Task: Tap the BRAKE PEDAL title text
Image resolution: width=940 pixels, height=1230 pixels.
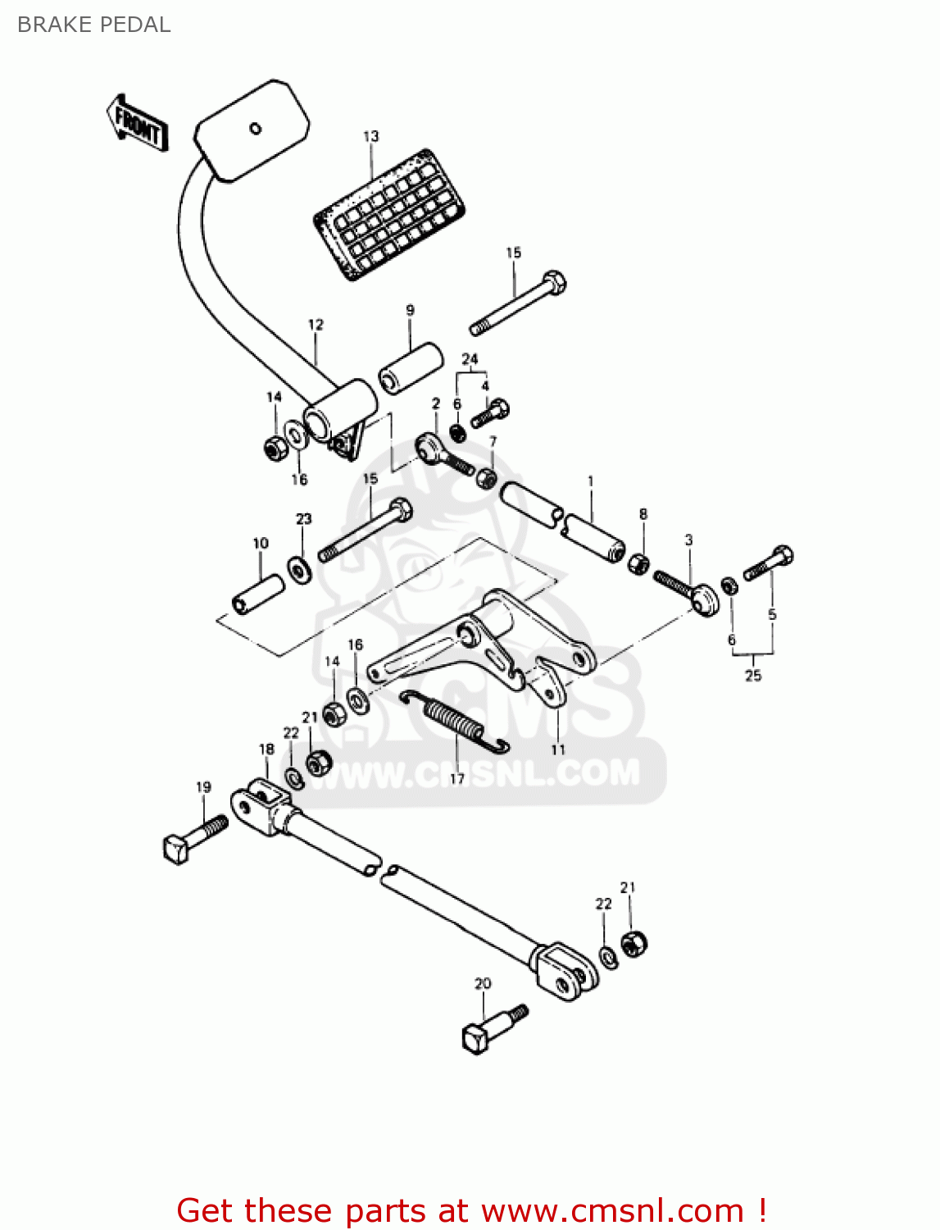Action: (x=93, y=25)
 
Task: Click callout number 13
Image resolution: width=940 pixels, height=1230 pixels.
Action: (x=371, y=136)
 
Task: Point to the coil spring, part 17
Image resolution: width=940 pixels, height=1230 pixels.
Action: (x=455, y=721)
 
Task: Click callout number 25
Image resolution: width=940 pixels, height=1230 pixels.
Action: (x=753, y=676)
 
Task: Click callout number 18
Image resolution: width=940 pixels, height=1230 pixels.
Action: (x=266, y=749)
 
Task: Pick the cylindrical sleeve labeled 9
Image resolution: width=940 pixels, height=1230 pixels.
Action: (x=411, y=366)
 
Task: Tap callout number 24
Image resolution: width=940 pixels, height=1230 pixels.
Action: (x=470, y=359)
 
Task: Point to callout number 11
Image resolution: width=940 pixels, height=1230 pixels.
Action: (x=558, y=749)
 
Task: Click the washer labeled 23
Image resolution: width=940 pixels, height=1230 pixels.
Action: (x=298, y=568)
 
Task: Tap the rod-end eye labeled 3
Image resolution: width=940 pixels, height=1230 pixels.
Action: (x=702, y=599)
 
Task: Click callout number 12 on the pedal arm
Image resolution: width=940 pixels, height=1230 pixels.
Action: (x=316, y=325)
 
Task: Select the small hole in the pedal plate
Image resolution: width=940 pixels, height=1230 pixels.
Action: (x=255, y=128)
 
